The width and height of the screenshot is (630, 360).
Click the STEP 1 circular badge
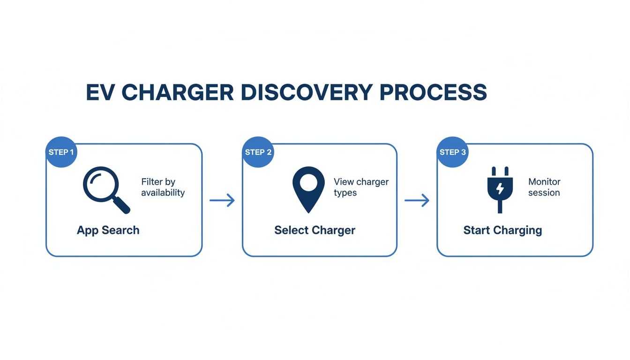click(x=61, y=152)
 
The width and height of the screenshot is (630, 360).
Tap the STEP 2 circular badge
click(x=258, y=152)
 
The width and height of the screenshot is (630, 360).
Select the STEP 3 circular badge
click(x=452, y=152)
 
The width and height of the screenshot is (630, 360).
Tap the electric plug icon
click(x=500, y=189)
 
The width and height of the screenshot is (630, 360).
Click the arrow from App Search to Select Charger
click(x=222, y=201)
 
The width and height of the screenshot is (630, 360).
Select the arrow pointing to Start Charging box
click(x=417, y=201)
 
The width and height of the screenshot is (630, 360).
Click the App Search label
click(x=108, y=230)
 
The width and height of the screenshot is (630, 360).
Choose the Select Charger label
click(x=315, y=230)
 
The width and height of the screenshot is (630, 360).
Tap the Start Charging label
click(x=502, y=230)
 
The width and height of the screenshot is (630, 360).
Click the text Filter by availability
click(x=163, y=187)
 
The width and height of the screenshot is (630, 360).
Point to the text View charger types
click(x=360, y=187)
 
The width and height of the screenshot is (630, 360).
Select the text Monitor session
click(x=544, y=187)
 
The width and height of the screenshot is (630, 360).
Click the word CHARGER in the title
click(x=178, y=92)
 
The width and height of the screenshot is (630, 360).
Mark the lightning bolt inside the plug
click(x=500, y=188)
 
